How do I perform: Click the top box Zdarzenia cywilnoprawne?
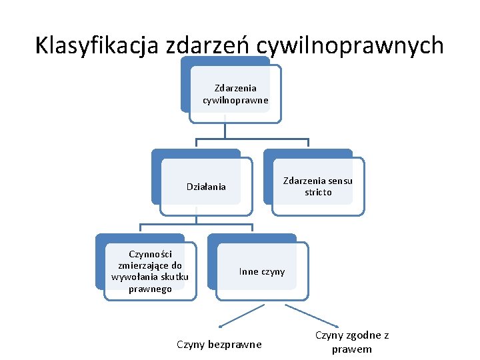(x=235, y=94)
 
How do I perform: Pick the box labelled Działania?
(x=206, y=187)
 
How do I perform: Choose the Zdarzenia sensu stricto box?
(x=318, y=187)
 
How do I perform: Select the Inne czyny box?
(x=262, y=271)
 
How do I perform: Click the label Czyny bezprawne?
(x=219, y=345)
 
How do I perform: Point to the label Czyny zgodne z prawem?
(x=352, y=342)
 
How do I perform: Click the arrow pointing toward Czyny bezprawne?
(x=242, y=315)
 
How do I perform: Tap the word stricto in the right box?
(x=318, y=193)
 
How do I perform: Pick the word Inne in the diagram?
(x=249, y=271)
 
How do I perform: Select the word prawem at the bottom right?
(x=352, y=349)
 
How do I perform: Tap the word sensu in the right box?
(x=340, y=181)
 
